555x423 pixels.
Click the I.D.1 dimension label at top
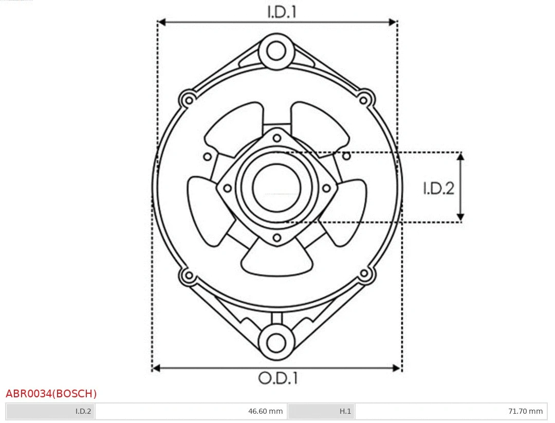click(x=282, y=12)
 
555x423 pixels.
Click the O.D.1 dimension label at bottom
click(x=278, y=378)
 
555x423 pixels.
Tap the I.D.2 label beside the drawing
click(x=438, y=189)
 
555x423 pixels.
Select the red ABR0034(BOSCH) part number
click(x=51, y=394)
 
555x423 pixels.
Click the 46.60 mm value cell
click(x=265, y=411)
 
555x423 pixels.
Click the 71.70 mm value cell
click(x=525, y=411)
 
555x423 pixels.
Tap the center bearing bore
click(x=277, y=187)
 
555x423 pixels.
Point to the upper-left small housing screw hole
click(x=188, y=99)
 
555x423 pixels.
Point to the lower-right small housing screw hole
click(x=364, y=274)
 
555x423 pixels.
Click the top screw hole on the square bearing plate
click(x=277, y=137)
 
